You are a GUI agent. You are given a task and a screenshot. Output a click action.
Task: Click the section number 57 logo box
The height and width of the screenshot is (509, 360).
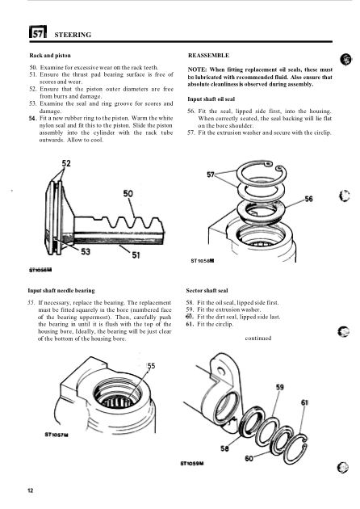[x=38, y=32]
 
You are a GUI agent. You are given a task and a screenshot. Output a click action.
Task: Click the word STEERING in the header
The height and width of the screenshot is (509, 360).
[x=73, y=35]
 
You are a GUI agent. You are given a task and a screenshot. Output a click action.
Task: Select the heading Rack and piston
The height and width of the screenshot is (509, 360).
[x=50, y=56]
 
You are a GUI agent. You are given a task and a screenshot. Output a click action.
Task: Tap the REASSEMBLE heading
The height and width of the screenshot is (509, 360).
[x=208, y=56]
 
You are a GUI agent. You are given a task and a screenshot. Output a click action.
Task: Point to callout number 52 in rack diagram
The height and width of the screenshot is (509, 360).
[x=66, y=163]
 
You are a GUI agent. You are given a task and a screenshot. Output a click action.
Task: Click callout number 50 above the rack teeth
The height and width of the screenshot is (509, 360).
[x=128, y=194]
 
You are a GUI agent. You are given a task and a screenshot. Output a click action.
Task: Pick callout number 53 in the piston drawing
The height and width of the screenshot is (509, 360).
[x=86, y=251]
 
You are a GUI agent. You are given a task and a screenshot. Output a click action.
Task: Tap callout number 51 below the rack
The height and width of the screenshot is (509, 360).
[x=136, y=255]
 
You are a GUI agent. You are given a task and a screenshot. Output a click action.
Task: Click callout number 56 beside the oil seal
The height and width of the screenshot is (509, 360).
[x=309, y=199]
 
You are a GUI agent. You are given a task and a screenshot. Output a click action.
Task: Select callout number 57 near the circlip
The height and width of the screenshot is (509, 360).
[x=211, y=175]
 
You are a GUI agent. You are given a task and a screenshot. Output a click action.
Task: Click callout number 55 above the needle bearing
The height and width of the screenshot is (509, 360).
[x=152, y=366]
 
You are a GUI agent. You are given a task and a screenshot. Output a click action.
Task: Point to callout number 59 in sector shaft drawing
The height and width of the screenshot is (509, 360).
[x=280, y=387]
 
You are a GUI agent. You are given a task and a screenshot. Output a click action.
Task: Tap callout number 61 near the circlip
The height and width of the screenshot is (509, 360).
[x=305, y=402]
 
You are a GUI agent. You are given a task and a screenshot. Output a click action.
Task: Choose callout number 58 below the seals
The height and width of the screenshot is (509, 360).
[x=224, y=448]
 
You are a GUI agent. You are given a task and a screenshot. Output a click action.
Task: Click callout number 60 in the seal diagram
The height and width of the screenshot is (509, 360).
[x=249, y=458]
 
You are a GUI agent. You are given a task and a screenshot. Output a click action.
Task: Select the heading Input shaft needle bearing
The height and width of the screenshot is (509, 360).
[x=61, y=291]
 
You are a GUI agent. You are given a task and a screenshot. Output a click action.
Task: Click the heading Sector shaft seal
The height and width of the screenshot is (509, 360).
[x=207, y=291]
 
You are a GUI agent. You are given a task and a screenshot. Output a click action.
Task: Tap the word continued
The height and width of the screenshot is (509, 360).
[x=258, y=338]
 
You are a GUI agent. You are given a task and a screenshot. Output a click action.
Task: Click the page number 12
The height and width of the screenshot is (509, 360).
[x=31, y=490]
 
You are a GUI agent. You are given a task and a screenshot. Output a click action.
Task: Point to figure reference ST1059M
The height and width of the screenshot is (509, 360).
[x=192, y=463]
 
